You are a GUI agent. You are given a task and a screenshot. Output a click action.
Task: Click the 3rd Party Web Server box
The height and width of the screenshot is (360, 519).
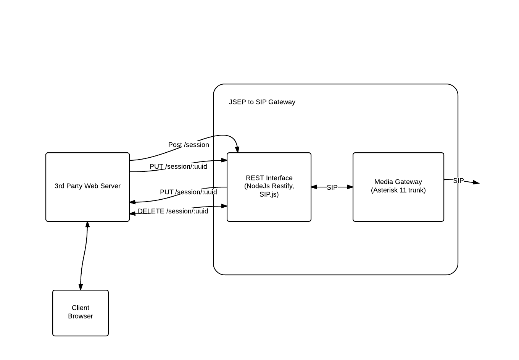point(87,187)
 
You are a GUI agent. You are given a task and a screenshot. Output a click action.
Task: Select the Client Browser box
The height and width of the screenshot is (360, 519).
point(81,313)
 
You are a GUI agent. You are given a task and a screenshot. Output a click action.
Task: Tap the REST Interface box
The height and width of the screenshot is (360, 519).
point(269,187)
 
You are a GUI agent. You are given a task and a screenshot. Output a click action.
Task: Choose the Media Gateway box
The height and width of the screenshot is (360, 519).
point(398,187)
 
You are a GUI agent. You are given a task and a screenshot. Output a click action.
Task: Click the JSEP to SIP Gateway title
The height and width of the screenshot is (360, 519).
point(262,102)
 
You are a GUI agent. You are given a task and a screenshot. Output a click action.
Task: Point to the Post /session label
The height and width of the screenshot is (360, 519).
point(189,145)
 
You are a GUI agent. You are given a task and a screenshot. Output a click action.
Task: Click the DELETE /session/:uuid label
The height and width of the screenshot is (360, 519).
point(173,211)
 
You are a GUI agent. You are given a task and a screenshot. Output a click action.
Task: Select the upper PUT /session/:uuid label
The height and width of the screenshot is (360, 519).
point(178,166)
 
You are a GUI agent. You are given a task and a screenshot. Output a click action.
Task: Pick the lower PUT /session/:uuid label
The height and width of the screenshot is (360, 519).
point(188,192)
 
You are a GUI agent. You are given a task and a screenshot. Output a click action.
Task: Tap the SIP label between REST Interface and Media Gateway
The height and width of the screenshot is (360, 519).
point(332,187)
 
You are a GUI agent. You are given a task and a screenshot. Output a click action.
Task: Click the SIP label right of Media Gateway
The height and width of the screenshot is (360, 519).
point(458,181)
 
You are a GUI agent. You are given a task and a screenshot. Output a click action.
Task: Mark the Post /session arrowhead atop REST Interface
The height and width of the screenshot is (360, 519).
point(237,150)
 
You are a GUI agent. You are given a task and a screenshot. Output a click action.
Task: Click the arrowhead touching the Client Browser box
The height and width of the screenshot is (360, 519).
point(81,287)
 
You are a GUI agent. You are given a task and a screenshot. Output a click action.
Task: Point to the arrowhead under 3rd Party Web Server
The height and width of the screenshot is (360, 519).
point(87,224)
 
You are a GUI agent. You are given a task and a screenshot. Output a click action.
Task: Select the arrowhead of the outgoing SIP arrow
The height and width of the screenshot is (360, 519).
point(475,183)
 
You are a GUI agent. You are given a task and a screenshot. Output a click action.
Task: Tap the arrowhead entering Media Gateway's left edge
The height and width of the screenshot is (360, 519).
point(350,187)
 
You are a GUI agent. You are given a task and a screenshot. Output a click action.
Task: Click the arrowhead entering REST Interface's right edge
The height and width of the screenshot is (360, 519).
point(314,187)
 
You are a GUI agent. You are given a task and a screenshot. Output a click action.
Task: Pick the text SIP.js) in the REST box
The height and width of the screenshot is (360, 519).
point(269,194)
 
